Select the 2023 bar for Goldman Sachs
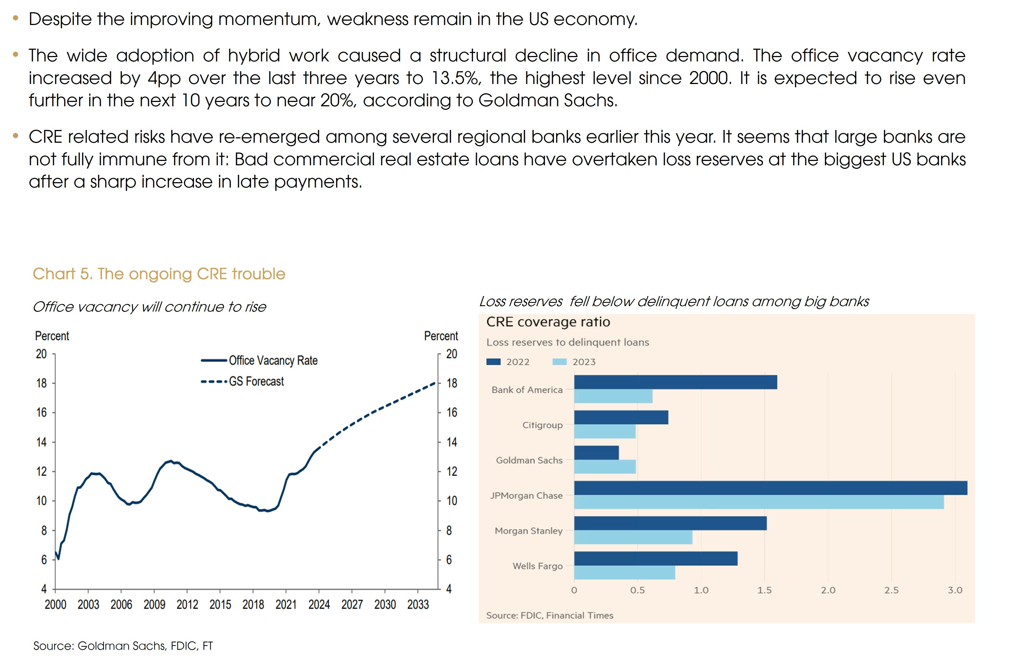[605, 467]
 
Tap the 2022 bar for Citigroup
[621, 417]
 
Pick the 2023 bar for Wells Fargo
[625, 573]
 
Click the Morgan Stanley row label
[528, 531]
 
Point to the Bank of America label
[527, 390]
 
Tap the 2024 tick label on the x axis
[319, 604]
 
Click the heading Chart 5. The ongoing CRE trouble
[159, 274]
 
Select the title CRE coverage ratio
[548, 322]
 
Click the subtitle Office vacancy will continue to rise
[149, 307]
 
